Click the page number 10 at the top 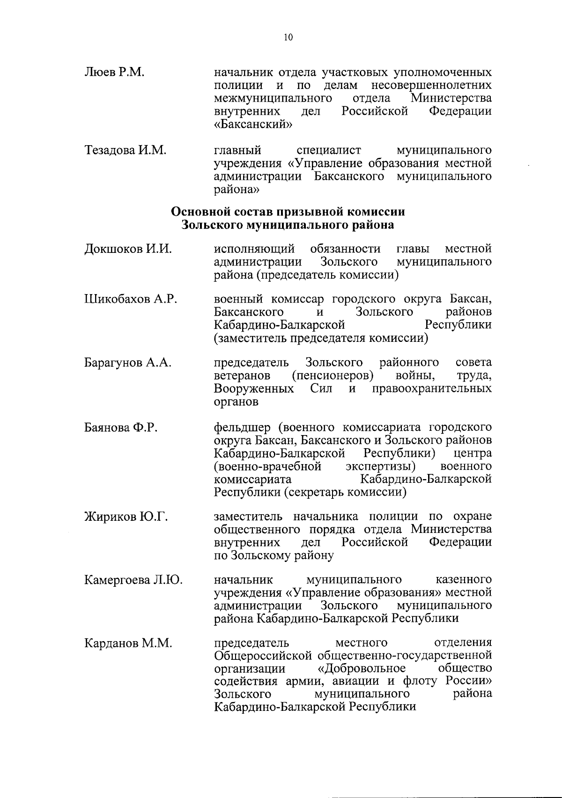pos(288,38)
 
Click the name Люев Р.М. pos(114,73)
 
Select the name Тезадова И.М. pos(126,151)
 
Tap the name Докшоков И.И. pos(128,249)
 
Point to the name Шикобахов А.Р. pos(131,300)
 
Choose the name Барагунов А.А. pos(128,363)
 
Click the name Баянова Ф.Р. pos(120,428)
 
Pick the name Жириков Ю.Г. pos(126,517)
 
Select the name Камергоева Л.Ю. pos(133,581)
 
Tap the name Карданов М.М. pos(128,644)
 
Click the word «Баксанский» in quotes pos(253,125)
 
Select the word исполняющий pos(254,249)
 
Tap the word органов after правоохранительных pos(236,402)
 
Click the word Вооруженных pos(254,389)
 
